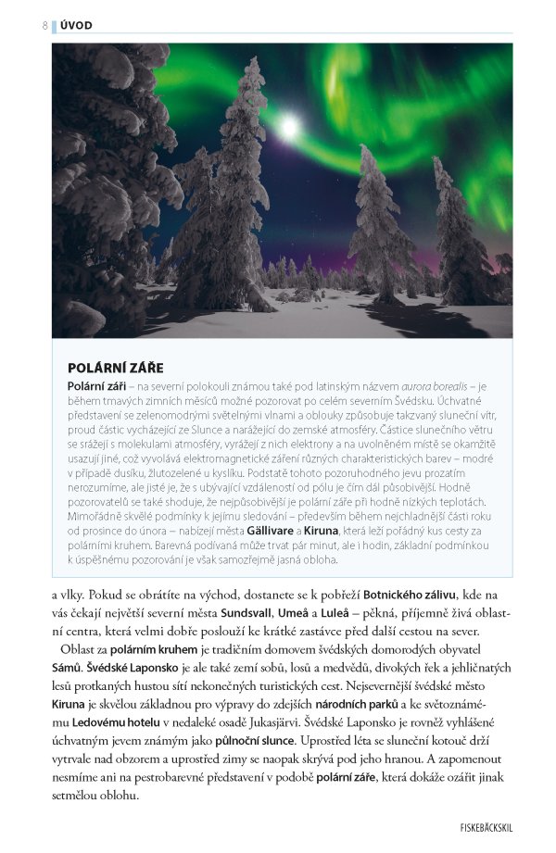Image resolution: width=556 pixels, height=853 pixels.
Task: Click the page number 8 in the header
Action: click(44, 25)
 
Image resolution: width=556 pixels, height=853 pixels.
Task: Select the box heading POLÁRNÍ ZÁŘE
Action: click(116, 368)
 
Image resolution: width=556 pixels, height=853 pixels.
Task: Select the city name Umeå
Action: click(316, 612)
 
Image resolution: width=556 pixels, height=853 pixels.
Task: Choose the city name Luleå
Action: click(365, 612)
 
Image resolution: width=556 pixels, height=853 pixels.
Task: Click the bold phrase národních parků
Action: click(366, 705)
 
